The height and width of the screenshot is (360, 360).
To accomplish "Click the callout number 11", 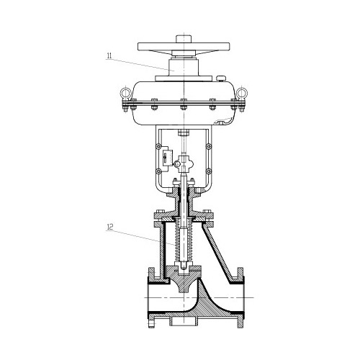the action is tap(109, 56).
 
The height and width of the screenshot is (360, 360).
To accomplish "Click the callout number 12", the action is tap(110, 227).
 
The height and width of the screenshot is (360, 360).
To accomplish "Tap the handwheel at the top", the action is tap(184, 47).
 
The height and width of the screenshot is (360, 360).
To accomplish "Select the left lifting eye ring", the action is tap(125, 92).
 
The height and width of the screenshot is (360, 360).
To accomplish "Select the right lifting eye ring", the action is tap(242, 92).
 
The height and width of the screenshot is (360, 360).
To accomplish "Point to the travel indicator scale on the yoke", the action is tap(168, 158).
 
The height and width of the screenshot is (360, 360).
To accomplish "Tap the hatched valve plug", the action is tap(184, 279).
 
